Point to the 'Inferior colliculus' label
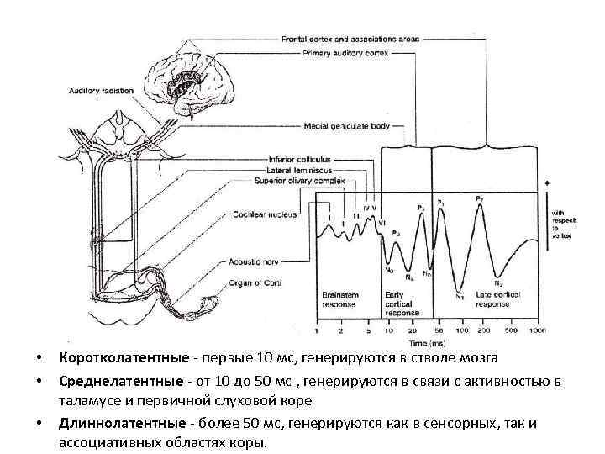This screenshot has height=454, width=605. click(x=300, y=158)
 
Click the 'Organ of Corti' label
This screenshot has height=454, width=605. click(x=253, y=283)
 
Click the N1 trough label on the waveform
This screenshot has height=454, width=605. click(x=460, y=295)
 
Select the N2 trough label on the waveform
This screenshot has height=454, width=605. click(x=499, y=283)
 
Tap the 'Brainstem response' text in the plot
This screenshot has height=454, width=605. click(x=340, y=299)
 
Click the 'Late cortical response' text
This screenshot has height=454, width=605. click(x=497, y=299)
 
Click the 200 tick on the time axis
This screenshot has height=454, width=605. click(x=481, y=331)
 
